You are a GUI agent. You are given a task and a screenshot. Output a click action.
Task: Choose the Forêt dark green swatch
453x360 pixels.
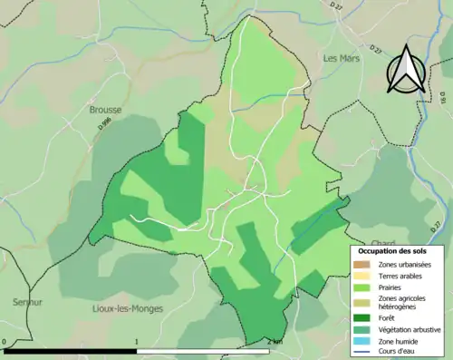click(x=361, y=317)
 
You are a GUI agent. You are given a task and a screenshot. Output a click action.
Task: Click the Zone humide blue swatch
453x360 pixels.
click(x=361, y=341)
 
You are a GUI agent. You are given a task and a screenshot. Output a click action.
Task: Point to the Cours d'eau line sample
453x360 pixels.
click(x=361, y=353)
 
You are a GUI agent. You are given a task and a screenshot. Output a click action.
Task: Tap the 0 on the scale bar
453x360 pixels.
click(x=6, y=342)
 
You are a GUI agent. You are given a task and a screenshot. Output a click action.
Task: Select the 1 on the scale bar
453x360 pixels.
click(x=136, y=342)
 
